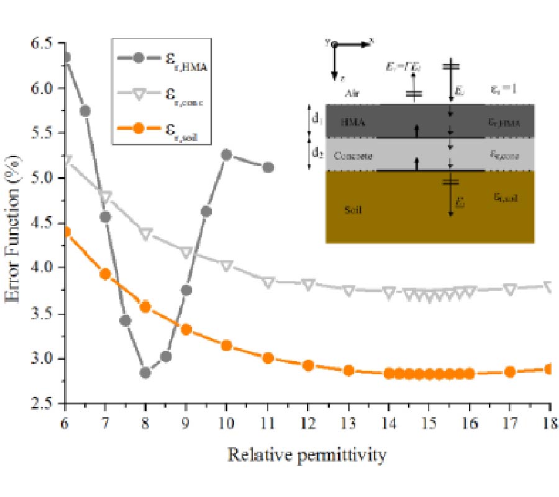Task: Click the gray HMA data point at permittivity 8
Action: (x=145, y=373)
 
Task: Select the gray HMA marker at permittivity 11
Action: (x=268, y=167)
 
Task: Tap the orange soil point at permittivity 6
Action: (x=64, y=232)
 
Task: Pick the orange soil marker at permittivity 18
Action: (x=550, y=368)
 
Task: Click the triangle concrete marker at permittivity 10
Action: (x=227, y=266)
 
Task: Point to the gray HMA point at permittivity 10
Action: (x=227, y=155)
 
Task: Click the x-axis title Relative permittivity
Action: (x=307, y=455)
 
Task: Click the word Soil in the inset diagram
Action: (x=353, y=210)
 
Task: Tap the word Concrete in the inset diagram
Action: (x=353, y=155)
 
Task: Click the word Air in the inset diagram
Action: (x=353, y=94)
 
